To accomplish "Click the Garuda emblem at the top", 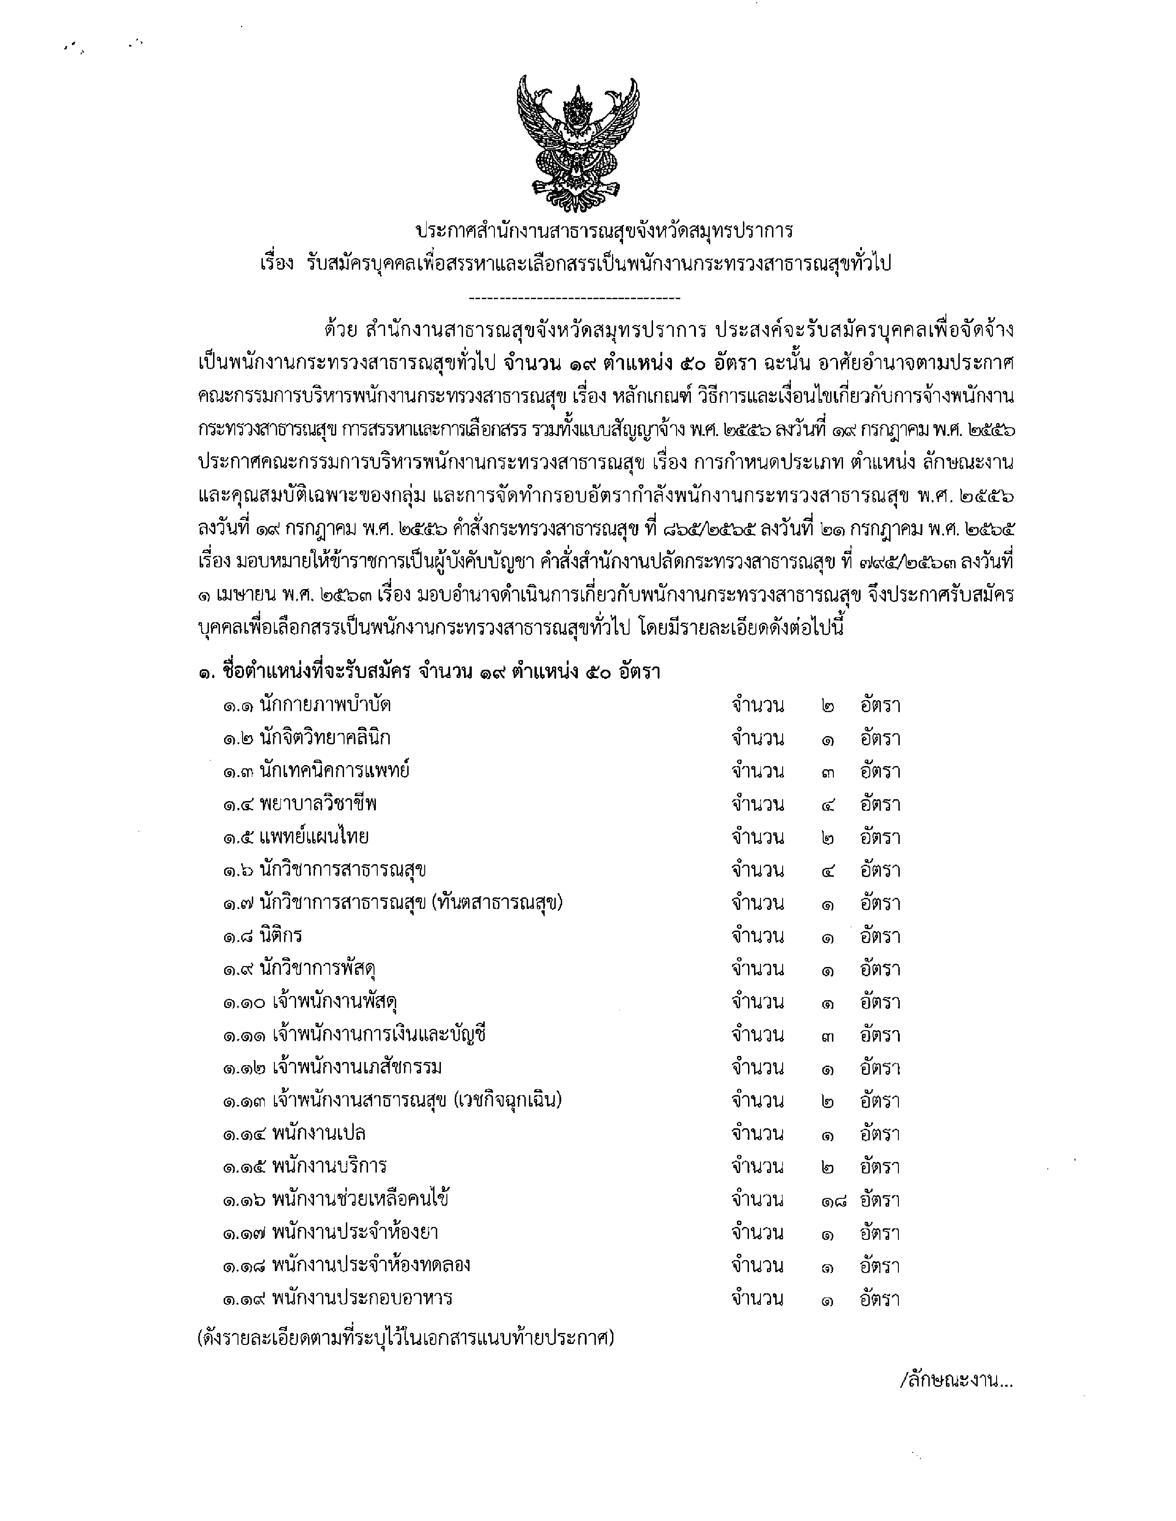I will pyautogui.click(x=577, y=144).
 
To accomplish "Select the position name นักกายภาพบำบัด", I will pyautogui.click(x=325, y=705).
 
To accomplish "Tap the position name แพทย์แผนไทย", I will pyautogui.click(x=314, y=837).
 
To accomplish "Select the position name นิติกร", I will pyautogui.click(x=281, y=935).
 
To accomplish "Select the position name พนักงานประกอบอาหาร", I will pyautogui.click(x=362, y=1298).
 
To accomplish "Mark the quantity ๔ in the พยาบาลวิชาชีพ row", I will pyautogui.click(x=828, y=804).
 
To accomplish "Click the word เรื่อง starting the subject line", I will pyautogui.click(x=277, y=264).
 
